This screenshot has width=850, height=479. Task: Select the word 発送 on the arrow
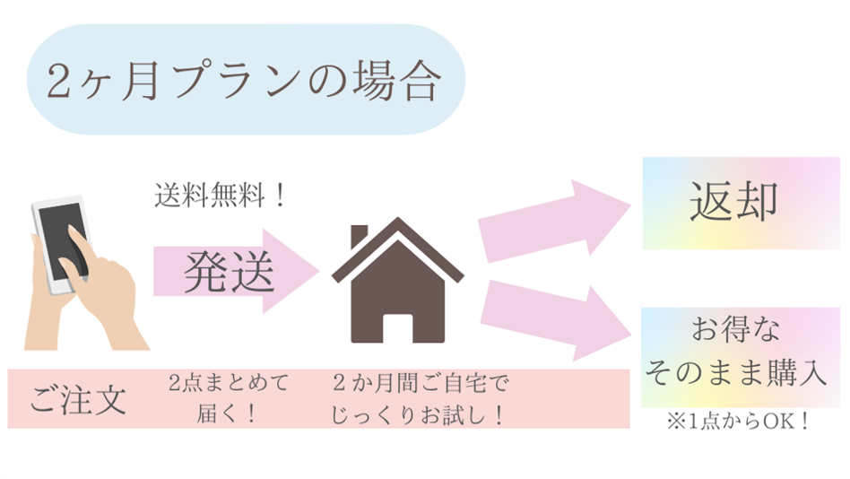coord(229,272)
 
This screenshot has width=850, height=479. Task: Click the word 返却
coord(733,203)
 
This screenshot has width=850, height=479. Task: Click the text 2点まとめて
coord(229,385)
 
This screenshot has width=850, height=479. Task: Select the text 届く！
coord(229,414)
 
